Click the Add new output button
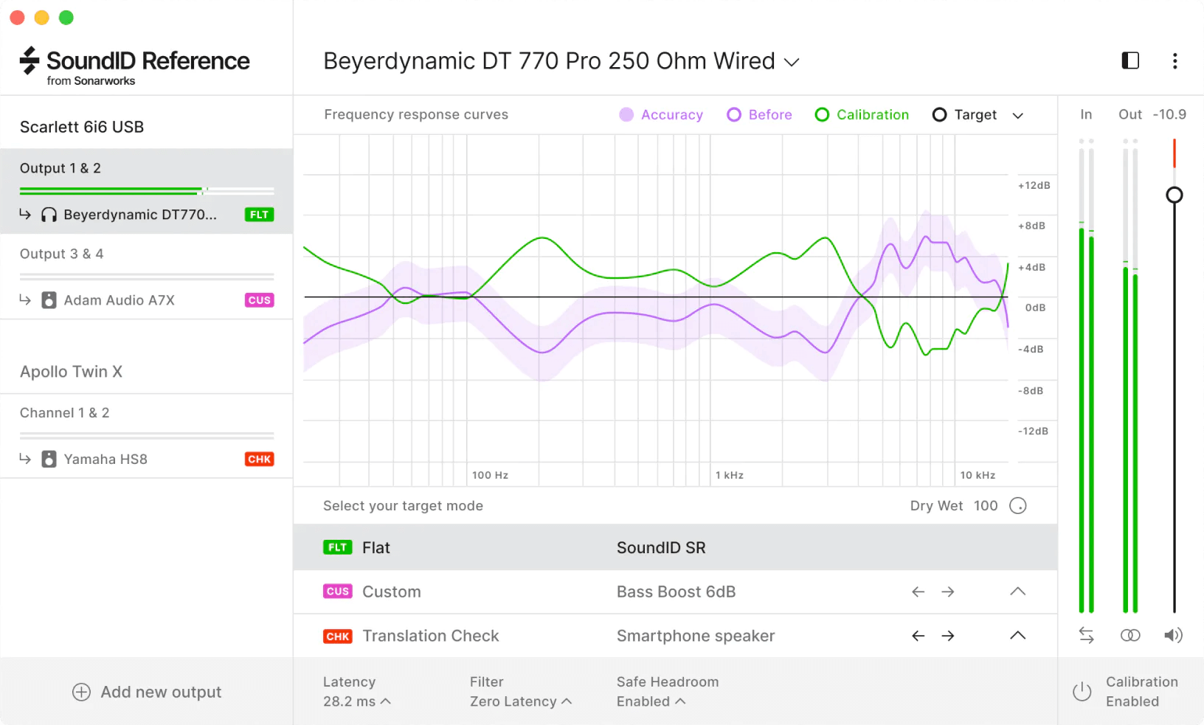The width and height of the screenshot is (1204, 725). coord(147,692)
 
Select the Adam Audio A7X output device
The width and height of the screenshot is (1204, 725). coord(119,300)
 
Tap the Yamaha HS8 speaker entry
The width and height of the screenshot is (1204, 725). coord(105,459)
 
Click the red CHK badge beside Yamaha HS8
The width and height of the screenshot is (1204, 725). coord(259,459)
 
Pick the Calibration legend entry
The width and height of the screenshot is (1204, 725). coord(862,115)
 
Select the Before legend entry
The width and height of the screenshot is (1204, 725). coord(759,115)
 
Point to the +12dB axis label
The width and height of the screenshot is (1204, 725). coord(1034,186)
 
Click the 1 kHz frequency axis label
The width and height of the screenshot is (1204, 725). coord(729,475)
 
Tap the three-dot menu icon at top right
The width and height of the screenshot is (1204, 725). coord(1174,61)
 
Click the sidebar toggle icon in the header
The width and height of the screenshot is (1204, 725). coord(1130,60)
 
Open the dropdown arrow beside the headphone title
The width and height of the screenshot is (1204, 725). coord(792,63)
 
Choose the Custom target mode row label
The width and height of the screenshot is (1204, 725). coord(391,592)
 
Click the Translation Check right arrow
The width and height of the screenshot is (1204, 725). coord(948,636)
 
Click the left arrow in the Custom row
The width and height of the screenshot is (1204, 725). coord(918,592)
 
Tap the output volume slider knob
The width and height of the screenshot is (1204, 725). coord(1174,195)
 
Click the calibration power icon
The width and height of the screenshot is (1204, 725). coord(1082,692)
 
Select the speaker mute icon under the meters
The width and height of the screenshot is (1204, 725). coord(1173,635)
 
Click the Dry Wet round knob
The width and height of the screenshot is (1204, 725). coord(1017,506)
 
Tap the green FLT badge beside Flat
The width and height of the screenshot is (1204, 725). coord(337,547)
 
